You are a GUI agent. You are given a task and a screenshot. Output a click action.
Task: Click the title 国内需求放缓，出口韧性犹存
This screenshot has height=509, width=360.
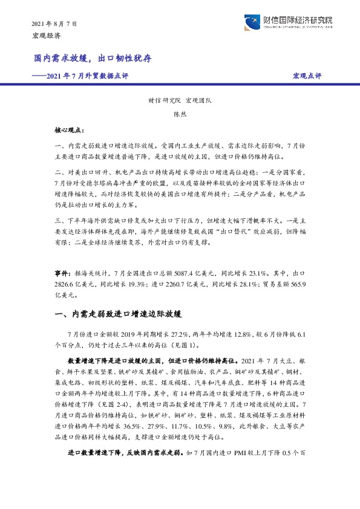click(x=92, y=59)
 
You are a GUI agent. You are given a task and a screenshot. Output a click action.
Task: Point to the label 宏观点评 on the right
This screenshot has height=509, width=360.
click(x=307, y=76)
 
